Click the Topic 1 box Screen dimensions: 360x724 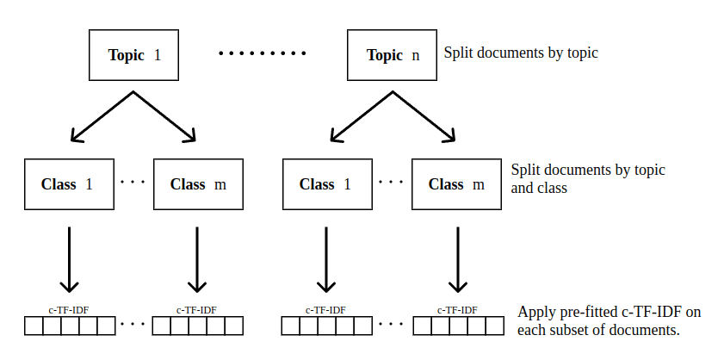[134, 55]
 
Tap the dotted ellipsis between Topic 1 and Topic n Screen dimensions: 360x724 [263, 54]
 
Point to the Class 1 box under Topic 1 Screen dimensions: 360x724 [69, 184]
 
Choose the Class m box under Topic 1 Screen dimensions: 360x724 [198, 184]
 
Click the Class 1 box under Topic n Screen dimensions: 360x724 [325, 184]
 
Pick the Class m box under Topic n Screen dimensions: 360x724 [456, 184]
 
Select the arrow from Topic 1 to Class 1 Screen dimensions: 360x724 [102, 116]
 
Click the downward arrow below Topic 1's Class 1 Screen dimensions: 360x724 [69, 258]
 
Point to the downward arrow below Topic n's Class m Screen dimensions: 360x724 [456, 258]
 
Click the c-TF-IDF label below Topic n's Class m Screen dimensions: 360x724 [456, 310]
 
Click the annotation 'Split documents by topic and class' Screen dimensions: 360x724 [587, 178]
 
